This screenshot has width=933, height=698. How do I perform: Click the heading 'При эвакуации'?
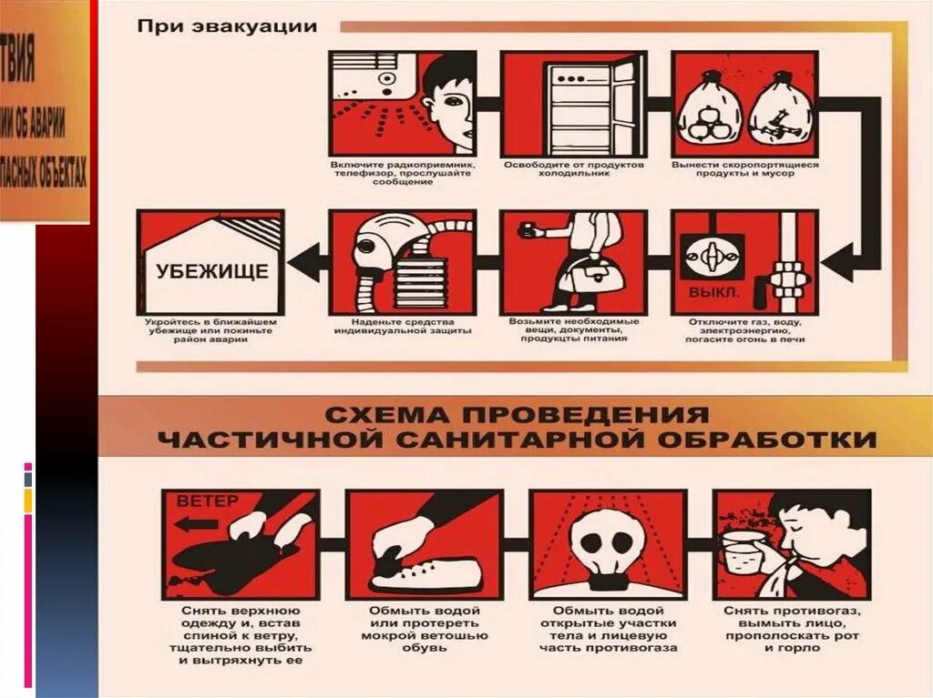tap(227, 25)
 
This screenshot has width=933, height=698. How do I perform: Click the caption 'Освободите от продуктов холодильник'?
tap(573, 169)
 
